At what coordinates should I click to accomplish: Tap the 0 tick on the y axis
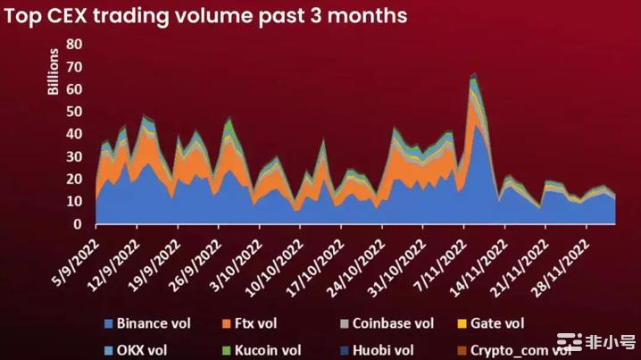click(x=79, y=224)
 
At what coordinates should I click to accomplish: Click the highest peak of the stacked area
click(x=473, y=74)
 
